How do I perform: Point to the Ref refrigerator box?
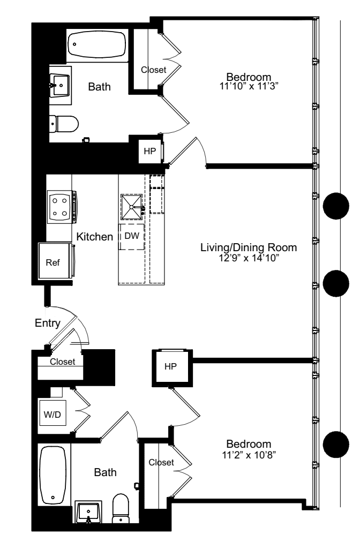(53, 263)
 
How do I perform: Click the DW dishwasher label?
(131, 236)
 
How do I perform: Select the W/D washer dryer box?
(52, 414)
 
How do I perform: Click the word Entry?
(48, 323)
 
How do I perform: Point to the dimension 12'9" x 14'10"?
(249, 258)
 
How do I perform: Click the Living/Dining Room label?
(249, 248)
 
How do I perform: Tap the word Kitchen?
(94, 236)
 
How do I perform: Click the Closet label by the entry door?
(63, 362)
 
